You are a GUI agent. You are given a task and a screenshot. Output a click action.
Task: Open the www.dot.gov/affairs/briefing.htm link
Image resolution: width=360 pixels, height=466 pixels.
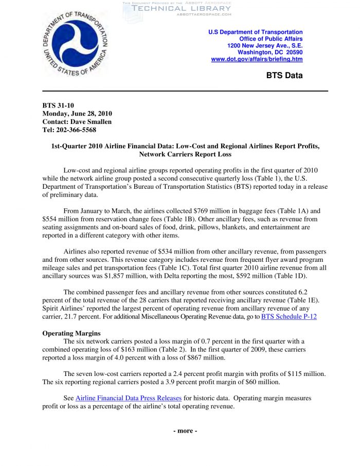[257, 59]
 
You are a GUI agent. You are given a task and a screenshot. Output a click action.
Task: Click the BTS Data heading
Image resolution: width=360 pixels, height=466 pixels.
[284, 76]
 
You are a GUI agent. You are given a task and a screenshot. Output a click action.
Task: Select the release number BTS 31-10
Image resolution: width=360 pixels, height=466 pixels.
[59, 105]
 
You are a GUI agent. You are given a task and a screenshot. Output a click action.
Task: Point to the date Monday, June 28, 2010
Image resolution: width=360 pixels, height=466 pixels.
[77, 114]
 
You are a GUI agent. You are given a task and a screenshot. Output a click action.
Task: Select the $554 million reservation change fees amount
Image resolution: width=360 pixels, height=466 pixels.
[60, 219]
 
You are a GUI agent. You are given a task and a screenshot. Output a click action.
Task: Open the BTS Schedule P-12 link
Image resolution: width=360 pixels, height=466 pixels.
[289, 316]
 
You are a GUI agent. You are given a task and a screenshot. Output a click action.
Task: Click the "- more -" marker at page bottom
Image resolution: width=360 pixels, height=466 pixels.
[185, 431]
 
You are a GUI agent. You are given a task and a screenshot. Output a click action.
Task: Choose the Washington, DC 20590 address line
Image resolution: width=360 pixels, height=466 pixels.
[269, 52]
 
